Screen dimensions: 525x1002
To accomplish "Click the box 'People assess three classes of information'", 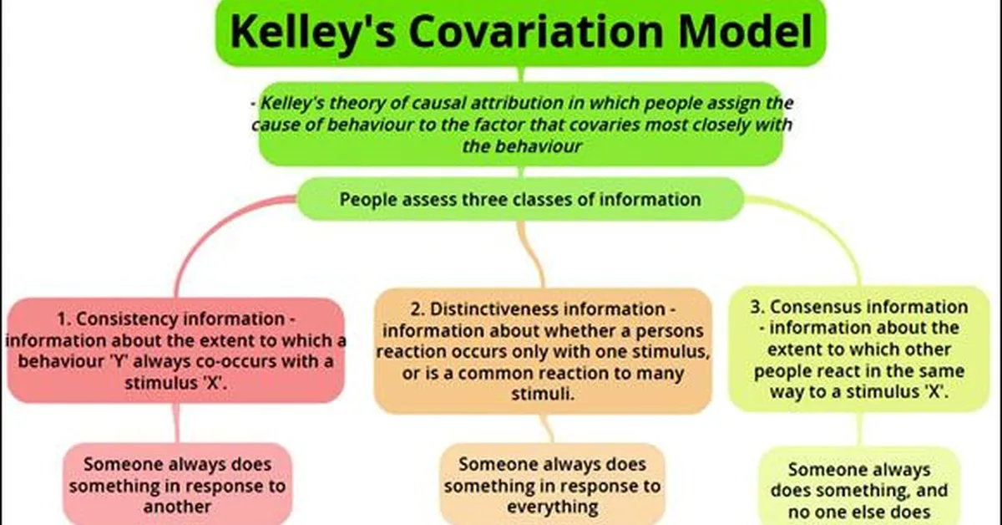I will point(520,199).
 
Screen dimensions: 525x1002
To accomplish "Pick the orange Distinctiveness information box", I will point(544,351).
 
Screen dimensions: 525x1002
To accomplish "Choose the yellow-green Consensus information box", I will point(860,349).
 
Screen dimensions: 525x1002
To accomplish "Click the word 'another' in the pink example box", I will point(176,506).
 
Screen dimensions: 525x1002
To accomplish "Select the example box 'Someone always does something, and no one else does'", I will point(859,489).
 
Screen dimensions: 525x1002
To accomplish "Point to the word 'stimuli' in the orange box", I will point(544,394).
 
